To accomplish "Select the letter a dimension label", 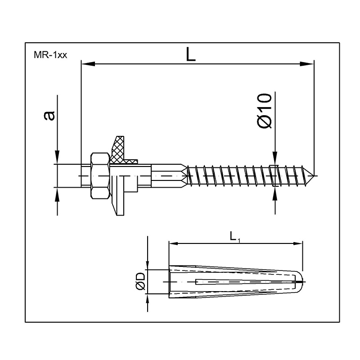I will [49, 115].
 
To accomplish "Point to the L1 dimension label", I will [234, 237].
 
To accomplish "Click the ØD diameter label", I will [139, 282].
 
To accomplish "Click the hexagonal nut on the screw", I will [101, 176].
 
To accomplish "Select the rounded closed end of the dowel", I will [299, 282].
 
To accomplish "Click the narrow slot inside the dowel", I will [234, 282].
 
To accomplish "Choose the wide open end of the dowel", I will [170, 282].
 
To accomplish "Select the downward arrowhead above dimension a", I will [57, 157].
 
